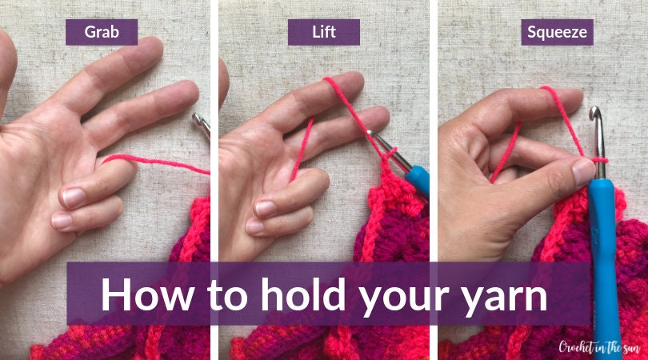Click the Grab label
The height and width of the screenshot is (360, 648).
coord(102,32)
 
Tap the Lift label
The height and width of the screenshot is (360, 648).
coord(323,32)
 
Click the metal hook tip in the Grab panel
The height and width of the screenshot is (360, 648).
coord(201,124)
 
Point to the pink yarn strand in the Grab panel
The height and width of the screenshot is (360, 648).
coord(152,161)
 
